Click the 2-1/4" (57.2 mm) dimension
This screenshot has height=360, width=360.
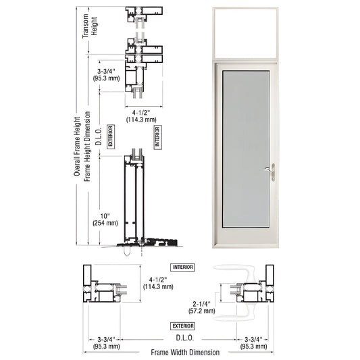click(203, 307)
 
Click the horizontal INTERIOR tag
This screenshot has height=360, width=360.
click(182, 267)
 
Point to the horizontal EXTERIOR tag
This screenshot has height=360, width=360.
click(182, 326)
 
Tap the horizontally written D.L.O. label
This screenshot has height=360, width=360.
click(182, 336)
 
